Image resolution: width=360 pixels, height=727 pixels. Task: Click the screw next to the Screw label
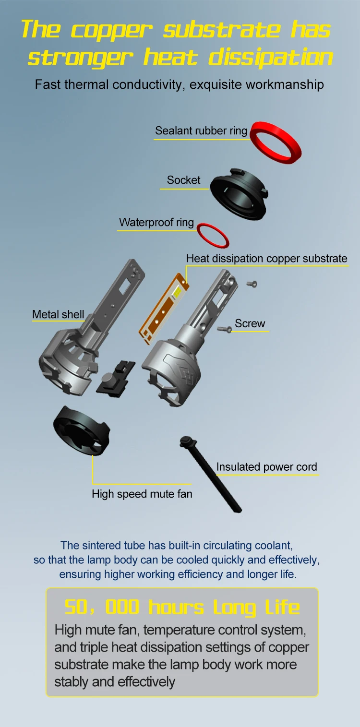click(224, 329)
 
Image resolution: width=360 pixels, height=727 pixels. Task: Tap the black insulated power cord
click(211, 474)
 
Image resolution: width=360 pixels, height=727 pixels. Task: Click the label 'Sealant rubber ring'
click(201, 131)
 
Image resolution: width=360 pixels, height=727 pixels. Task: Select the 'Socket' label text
click(183, 180)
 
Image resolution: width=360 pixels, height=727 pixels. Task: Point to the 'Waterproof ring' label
click(156, 222)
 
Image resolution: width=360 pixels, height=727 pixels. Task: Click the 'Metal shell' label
click(58, 314)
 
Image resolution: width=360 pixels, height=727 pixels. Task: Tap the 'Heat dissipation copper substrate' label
click(266, 258)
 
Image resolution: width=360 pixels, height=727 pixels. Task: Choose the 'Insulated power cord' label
click(266, 467)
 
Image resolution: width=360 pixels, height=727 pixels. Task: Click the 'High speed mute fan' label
click(142, 494)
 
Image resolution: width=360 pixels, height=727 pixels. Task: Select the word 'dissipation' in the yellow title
click(271, 57)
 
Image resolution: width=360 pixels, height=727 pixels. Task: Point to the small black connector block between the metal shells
click(115, 379)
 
